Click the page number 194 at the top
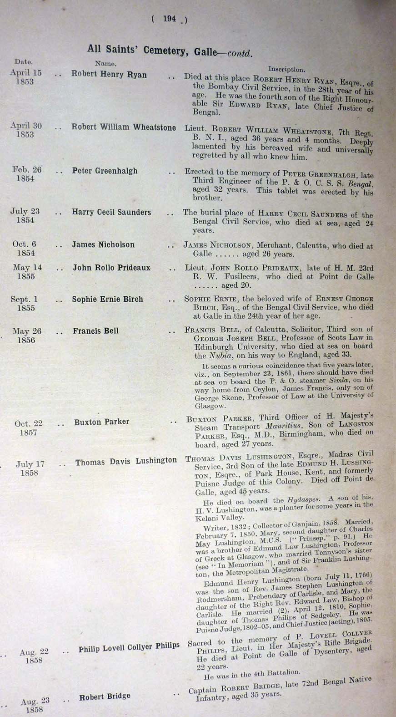[x=169, y=19]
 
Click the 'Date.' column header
[x=23, y=61]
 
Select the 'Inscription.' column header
[x=286, y=70]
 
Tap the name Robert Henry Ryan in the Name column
[x=109, y=75]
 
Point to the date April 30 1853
[x=25, y=130]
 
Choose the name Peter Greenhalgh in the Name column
[x=105, y=171]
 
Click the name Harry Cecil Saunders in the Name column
[x=111, y=212]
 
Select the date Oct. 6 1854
[x=25, y=249]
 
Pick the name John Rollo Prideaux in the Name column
[x=111, y=268]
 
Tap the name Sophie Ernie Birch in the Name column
[x=107, y=299]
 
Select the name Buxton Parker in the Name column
[x=102, y=422]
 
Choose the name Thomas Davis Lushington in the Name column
[x=126, y=462]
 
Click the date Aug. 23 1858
[x=35, y=705]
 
